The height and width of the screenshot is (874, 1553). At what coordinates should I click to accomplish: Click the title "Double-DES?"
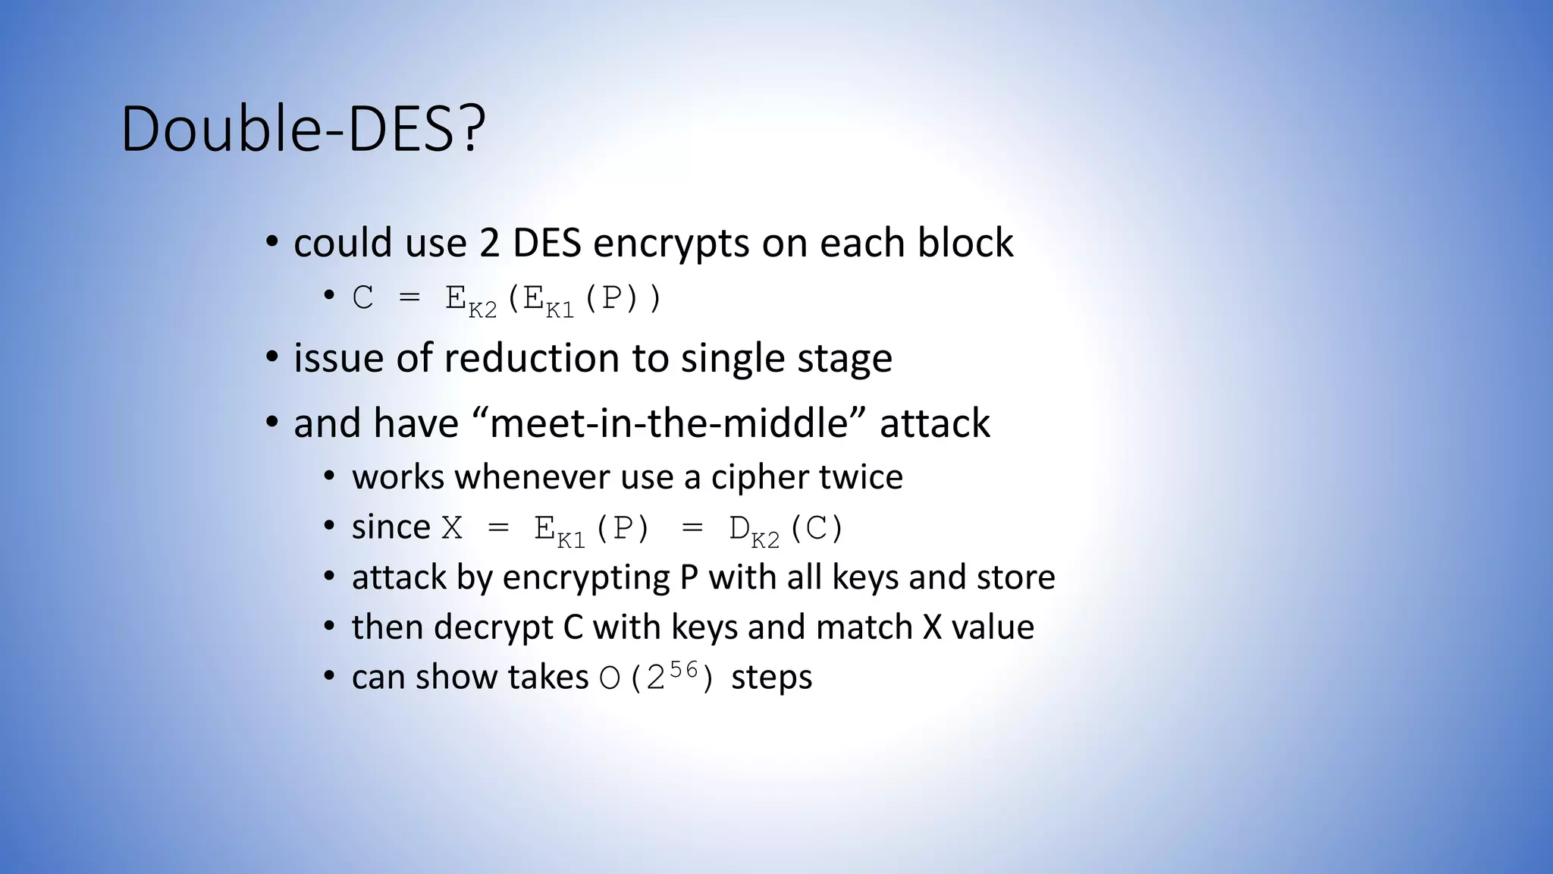click(x=303, y=129)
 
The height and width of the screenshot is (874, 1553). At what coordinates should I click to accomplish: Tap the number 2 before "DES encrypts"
click(x=489, y=244)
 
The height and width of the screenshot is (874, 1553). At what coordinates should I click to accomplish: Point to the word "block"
click(x=965, y=244)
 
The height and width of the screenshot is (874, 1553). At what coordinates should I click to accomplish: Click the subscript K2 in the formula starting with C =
click(x=482, y=310)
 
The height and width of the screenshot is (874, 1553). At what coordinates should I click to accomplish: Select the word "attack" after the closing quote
click(x=934, y=423)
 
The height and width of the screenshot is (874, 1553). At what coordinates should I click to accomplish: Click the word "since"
click(x=391, y=527)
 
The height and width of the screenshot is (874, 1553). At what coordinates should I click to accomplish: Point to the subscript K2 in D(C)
click(x=765, y=539)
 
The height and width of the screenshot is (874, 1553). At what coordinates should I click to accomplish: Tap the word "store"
click(x=1015, y=577)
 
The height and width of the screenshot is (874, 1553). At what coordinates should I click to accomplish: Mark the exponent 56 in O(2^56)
click(x=683, y=669)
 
